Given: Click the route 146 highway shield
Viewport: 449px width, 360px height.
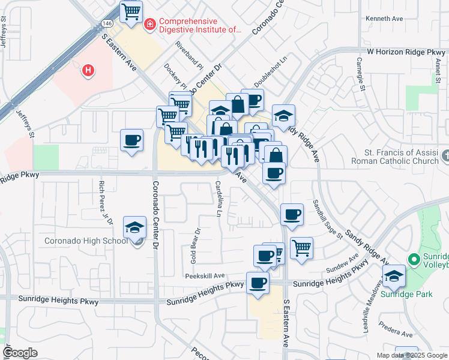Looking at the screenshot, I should [107, 23].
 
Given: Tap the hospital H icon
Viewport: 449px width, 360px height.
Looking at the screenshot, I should [88, 71].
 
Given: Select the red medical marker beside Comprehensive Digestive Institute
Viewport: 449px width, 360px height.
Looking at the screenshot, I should [149, 24].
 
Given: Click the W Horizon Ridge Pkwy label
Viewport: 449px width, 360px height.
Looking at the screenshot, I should [406, 53].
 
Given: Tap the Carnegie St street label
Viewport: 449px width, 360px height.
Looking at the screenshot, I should [361, 74].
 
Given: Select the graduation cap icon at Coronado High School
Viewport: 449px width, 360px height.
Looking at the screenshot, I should [135, 227].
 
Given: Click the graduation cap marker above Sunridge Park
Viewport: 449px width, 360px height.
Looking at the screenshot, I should [394, 276].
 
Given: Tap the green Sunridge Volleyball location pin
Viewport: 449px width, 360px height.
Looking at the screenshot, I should [413, 260].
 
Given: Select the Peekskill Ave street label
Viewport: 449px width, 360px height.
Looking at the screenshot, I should [205, 275].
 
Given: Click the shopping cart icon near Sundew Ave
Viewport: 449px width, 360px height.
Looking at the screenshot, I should [301, 247].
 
